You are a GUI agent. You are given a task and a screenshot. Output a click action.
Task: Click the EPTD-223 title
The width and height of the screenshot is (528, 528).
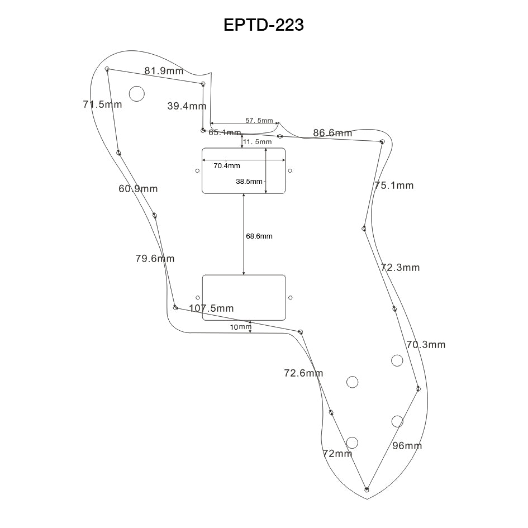(x=264, y=25)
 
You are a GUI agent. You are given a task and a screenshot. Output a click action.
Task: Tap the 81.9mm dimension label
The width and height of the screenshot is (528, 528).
(x=164, y=71)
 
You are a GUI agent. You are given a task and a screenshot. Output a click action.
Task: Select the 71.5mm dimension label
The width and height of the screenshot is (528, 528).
(x=102, y=104)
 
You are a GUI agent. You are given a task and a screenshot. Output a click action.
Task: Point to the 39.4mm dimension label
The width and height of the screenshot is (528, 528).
(x=187, y=106)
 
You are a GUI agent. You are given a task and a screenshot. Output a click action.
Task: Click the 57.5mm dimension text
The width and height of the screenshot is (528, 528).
(x=259, y=121)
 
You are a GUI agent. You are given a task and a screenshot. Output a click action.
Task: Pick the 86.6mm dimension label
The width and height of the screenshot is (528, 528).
(x=332, y=133)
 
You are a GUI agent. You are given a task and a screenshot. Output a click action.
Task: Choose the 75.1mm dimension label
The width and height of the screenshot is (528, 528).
(x=394, y=185)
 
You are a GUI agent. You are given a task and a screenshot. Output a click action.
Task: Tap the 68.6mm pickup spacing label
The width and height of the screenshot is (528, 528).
(x=259, y=236)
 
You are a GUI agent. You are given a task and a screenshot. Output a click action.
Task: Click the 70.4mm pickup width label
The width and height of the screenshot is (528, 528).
(x=227, y=166)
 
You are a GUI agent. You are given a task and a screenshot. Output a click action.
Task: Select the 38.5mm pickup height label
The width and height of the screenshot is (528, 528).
(x=249, y=182)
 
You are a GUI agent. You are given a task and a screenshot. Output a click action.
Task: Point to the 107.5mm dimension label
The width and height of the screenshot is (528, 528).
(x=211, y=308)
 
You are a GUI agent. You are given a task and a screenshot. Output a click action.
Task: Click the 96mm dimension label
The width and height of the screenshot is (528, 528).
(x=407, y=446)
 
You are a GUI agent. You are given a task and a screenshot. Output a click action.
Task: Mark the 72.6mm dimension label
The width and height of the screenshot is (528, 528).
(x=303, y=373)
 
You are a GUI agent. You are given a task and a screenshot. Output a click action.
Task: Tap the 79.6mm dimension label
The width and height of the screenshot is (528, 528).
(x=155, y=259)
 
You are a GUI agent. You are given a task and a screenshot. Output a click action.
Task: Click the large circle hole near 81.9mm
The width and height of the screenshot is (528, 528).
(x=137, y=93)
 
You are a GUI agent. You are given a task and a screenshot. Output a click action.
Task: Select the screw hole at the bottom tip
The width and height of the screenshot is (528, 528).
(x=367, y=490)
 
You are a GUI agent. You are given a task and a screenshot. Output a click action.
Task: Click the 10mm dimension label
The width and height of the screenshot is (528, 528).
(x=241, y=327)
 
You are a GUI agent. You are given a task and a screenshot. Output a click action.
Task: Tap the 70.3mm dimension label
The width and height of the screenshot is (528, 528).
(x=426, y=345)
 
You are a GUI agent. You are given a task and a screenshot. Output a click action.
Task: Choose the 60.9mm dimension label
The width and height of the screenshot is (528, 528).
(x=138, y=189)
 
